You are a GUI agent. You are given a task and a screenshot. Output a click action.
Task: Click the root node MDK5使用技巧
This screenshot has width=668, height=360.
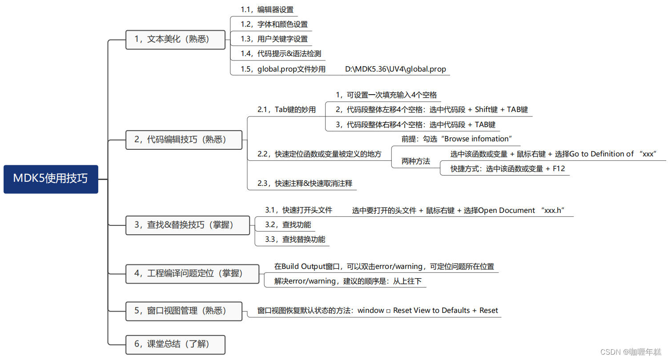[x=51, y=179]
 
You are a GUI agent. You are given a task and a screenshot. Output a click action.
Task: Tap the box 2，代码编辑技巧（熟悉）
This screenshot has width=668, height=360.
[x=184, y=140]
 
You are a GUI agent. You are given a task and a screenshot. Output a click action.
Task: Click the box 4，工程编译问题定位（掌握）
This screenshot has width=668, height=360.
[x=192, y=273]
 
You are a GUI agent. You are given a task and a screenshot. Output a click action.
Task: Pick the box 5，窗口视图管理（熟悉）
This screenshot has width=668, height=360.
[x=184, y=311]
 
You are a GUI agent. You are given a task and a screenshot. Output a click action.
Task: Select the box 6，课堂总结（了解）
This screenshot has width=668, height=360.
[x=175, y=344]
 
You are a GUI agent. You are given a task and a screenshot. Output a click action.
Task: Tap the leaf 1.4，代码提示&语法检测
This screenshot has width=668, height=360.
[x=281, y=54]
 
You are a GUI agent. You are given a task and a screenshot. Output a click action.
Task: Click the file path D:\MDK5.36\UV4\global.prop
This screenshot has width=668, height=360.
[x=395, y=69]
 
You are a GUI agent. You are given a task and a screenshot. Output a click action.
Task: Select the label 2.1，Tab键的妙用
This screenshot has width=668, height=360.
[x=286, y=109]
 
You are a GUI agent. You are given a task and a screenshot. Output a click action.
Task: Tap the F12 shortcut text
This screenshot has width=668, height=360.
[x=559, y=168]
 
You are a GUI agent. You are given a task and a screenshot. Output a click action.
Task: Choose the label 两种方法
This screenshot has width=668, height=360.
[x=415, y=161]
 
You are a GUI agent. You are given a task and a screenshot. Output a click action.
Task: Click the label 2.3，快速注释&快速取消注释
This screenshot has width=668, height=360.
[x=305, y=183]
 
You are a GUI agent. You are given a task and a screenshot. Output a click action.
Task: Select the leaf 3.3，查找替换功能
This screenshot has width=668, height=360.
[x=295, y=239]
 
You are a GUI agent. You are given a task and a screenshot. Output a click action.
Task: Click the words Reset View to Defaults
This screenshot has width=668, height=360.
[x=431, y=310]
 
